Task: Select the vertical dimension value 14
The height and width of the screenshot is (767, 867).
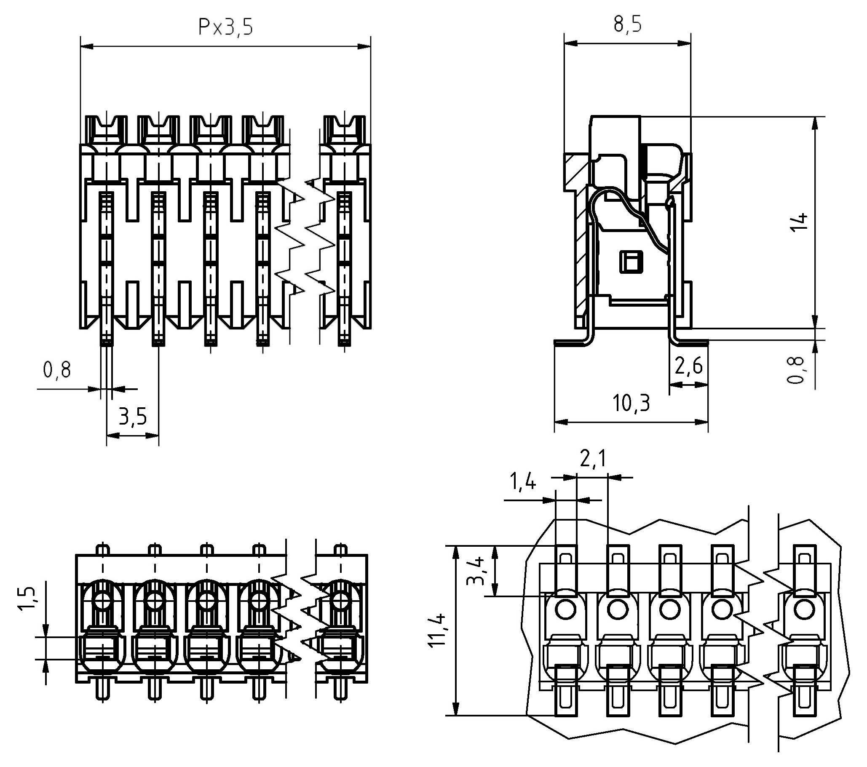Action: tap(799, 222)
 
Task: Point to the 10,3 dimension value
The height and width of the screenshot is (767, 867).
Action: tap(631, 403)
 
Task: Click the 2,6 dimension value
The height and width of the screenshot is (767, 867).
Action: tap(688, 366)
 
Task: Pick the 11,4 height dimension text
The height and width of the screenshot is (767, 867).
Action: tap(437, 630)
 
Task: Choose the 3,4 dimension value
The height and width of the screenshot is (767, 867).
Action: tap(475, 571)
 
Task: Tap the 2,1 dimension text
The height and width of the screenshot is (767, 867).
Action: tap(593, 459)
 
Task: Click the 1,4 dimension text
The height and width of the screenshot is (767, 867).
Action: tap(522, 482)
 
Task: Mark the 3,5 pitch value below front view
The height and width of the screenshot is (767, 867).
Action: tap(132, 417)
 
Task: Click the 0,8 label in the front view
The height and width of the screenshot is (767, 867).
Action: tap(57, 370)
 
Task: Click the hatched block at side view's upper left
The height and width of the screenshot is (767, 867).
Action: tap(575, 172)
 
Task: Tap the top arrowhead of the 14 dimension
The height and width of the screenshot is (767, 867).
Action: tap(815, 123)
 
